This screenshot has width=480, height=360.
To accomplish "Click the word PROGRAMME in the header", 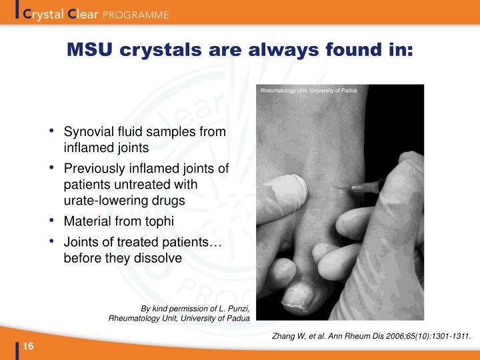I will [x=137, y=14].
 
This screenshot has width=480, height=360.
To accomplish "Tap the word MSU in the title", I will [x=91, y=50].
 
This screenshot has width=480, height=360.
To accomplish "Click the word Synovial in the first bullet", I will [x=88, y=132].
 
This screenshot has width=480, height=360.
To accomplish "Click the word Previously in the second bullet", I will [x=93, y=169].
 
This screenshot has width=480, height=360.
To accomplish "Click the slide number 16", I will [x=29, y=345].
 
